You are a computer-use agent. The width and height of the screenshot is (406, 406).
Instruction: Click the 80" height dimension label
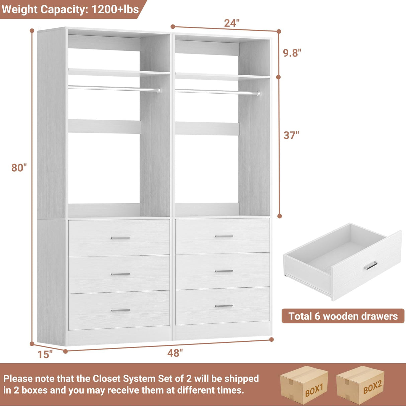pyautogui.click(x=19, y=168)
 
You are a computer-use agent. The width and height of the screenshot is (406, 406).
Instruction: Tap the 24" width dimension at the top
pyautogui.click(x=232, y=23)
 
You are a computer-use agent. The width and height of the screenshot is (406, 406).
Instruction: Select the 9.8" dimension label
pyautogui.click(x=292, y=53)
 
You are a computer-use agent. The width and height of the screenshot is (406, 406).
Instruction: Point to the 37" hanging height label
pyautogui.click(x=291, y=135)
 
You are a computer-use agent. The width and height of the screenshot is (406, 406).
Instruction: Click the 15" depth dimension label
pyautogui.click(x=45, y=354)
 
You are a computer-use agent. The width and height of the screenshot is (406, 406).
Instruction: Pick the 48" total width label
pyautogui.click(x=175, y=353)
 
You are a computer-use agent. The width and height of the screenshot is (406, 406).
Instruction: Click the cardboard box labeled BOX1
pyautogui.click(x=304, y=385)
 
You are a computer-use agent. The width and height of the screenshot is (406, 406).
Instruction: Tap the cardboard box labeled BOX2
pyautogui.click(x=361, y=385)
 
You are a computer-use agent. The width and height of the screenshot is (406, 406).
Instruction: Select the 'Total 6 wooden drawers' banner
pyautogui.click(x=343, y=316)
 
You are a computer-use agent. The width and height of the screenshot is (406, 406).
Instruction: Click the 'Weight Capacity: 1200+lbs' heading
pyautogui.click(x=70, y=9)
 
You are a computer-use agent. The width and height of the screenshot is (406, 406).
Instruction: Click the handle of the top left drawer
pyautogui.click(x=120, y=238)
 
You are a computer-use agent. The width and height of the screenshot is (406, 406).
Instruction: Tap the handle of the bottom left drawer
pyautogui.click(x=120, y=310)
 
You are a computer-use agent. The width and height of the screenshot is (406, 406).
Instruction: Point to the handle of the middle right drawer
pyautogui.click(x=224, y=271)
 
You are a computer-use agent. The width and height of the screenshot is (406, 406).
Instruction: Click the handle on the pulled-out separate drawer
pyautogui.click(x=371, y=265)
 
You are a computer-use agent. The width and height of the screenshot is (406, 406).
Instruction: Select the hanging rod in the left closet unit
pyautogui.click(x=114, y=88)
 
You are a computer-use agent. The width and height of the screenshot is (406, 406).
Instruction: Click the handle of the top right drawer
pyautogui.click(x=224, y=236)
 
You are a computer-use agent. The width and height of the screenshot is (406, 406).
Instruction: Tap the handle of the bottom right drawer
pyautogui.click(x=224, y=306)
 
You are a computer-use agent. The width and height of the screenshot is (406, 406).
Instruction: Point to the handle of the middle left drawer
pyautogui.click(x=120, y=274)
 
